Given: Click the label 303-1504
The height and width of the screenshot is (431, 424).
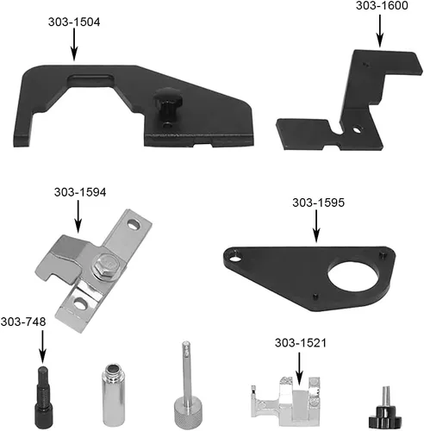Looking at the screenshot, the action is point(74,22).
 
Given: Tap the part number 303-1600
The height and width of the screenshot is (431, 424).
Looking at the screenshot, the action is point(382,5).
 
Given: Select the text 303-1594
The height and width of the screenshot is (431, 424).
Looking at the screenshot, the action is point(80,192).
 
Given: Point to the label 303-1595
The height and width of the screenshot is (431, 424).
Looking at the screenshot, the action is point(318,203).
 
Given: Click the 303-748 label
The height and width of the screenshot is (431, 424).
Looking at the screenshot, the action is point(23,322).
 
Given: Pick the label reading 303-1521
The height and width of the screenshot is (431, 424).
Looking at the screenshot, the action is point(301,343).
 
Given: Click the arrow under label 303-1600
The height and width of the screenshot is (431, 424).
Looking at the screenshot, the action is point(380,31).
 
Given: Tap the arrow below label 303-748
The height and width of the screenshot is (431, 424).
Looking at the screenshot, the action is point(42,347).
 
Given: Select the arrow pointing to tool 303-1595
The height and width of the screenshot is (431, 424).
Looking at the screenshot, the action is point(316,226).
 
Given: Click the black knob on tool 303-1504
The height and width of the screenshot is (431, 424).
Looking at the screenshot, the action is point(167,105).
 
